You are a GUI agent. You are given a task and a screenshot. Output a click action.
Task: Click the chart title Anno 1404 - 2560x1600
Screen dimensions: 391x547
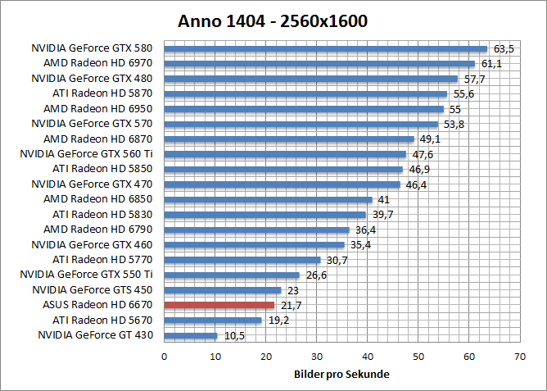273,20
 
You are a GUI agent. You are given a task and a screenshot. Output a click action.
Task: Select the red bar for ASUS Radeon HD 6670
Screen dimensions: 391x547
219,305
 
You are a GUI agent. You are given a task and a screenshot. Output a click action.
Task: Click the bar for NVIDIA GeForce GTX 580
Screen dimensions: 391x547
326,48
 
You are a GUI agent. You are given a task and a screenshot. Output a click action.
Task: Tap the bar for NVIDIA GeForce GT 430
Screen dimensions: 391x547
191,335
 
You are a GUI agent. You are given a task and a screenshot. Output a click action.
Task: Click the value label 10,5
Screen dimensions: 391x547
232,336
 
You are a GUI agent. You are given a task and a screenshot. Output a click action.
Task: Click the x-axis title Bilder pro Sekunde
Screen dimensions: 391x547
341,375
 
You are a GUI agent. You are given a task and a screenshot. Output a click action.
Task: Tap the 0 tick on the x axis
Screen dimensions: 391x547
165,357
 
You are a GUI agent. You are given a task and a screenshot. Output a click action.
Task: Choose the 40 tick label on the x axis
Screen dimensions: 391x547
368,357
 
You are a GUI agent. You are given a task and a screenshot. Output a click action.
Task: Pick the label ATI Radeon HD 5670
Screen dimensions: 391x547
102,320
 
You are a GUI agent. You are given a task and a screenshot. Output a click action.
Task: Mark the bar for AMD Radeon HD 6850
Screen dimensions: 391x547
269,199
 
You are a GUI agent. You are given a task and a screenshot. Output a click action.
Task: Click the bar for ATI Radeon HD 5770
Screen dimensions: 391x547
242,260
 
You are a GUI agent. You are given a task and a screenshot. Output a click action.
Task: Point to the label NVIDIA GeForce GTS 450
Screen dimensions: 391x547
92,289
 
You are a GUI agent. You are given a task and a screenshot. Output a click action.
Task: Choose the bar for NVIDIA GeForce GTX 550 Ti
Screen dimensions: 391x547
232,275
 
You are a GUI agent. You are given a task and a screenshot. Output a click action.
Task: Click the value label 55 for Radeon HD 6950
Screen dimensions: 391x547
455,109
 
